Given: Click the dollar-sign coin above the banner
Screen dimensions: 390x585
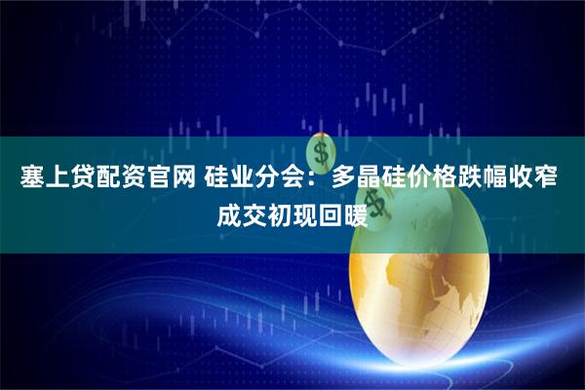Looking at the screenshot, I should (319, 152).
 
